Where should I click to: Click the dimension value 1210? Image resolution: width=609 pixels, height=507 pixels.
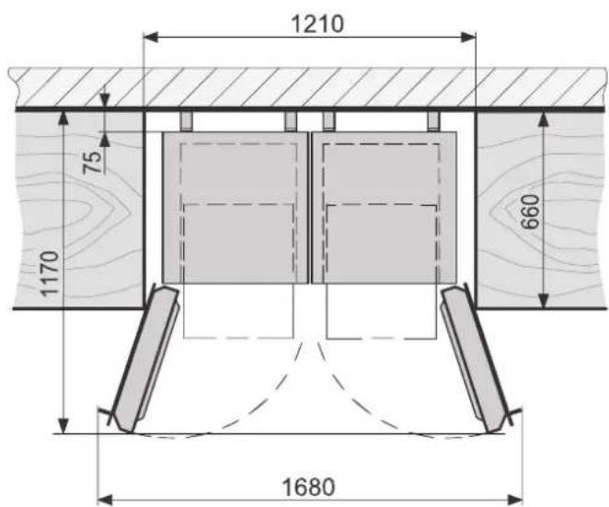coord(317,24)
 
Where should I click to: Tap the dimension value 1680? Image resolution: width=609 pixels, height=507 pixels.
coord(308,487)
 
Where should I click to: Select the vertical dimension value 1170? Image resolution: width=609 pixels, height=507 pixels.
coord(50,274)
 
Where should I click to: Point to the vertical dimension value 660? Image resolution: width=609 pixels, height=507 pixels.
coord(530,213)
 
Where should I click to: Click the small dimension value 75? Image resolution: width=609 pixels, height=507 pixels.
coord(92,162)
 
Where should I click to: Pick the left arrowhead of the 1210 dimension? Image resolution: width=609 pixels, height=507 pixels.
coord(151,38)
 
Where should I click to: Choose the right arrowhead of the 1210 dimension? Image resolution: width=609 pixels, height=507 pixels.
coord(468,38)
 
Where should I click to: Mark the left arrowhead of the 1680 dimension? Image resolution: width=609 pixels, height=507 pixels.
coord(105,500)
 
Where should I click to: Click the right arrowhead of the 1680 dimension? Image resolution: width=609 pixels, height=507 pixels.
coord(515,500)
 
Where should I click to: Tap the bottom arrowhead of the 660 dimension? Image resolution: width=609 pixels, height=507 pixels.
coord(544,301)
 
